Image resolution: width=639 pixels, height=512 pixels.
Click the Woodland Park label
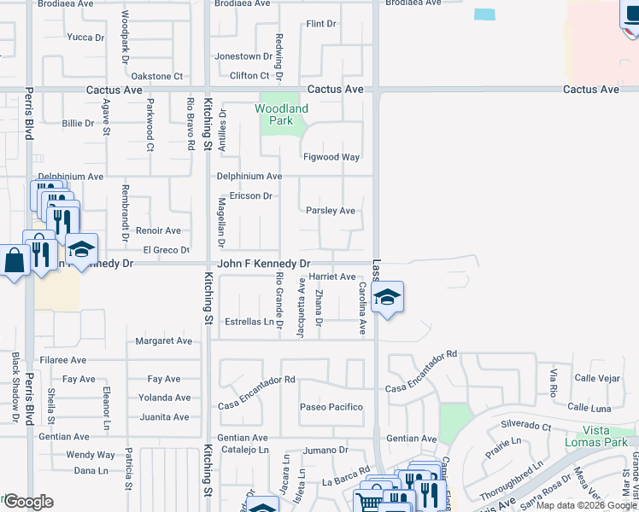[281, 114]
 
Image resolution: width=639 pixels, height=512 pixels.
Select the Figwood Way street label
[331, 157]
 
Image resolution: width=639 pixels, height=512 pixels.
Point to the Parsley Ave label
[331, 211]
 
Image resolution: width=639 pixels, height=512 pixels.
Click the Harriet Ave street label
[332, 276]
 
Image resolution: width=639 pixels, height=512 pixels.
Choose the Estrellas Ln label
[249, 322]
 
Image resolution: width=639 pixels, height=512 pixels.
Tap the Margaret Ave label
[164, 341]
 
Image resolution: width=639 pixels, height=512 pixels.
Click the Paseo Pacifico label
[331, 407]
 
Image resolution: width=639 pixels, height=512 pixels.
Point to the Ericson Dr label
[249, 196]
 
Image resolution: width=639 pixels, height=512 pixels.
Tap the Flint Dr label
[322, 24]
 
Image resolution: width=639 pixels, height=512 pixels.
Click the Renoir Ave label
[159, 230]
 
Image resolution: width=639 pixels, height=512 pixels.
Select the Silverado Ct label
[525, 424]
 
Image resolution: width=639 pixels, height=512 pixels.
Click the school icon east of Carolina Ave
[388, 298]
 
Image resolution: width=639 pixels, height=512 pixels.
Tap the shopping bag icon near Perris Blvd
[15, 260]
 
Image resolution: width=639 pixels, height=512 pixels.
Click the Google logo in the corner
[27, 502]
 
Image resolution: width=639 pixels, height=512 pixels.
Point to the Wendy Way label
[91, 455]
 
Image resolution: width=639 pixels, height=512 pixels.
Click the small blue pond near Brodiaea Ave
[484, 15]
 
